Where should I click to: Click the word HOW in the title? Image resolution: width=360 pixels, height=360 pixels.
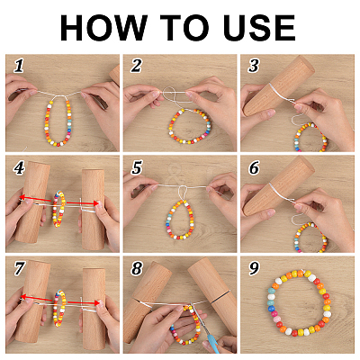[x=103, y=28]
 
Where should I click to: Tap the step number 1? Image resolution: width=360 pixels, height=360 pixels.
[x=19, y=66]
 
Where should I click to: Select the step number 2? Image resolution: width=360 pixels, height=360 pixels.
[x=136, y=66]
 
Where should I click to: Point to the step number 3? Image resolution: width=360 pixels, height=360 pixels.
[x=254, y=66]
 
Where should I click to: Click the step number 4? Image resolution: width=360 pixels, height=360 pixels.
[x=19, y=168]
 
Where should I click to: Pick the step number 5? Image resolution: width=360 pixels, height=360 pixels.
[x=137, y=168]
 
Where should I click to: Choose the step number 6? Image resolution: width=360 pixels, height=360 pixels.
[x=254, y=168]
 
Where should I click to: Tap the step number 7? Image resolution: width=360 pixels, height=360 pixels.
[x=19, y=268]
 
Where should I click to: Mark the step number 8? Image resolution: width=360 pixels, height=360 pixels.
[x=137, y=268]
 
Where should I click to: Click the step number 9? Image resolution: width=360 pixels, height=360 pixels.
[x=254, y=268]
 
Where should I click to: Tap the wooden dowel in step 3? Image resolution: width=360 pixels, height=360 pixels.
[x=277, y=85]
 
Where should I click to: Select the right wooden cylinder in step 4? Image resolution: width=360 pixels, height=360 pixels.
[x=93, y=210]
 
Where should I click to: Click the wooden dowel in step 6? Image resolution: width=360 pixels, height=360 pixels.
[x=277, y=186]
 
